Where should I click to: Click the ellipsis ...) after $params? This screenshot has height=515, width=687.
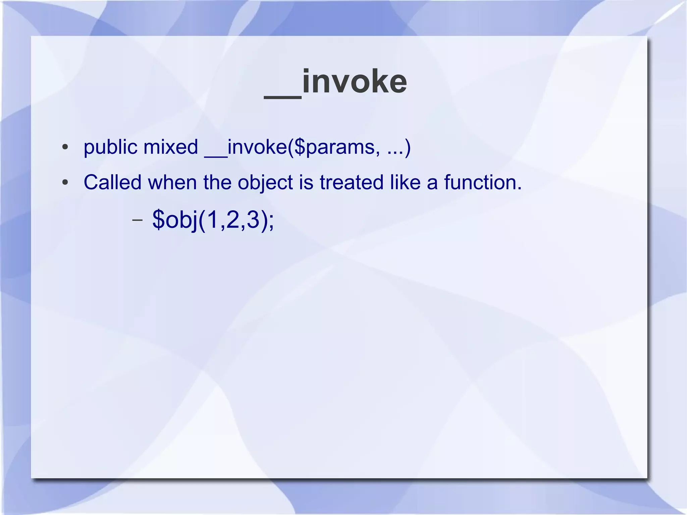(x=399, y=148)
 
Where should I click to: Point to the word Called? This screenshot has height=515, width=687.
(x=112, y=183)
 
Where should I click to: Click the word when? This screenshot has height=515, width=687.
(x=172, y=183)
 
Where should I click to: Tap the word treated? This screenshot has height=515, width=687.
(x=351, y=183)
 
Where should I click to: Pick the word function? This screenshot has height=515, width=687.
(x=482, y=183)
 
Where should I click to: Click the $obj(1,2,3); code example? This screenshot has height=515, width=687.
(x=213, y=220)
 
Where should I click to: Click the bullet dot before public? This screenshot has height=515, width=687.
(x=65, y=148)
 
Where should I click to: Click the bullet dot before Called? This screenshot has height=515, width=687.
(x=65, y=183)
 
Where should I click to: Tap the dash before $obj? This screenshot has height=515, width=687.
(x=137, y=221)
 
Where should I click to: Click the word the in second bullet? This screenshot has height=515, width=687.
(x=217, y=183)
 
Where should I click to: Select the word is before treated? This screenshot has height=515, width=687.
(x=306, y=183)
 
